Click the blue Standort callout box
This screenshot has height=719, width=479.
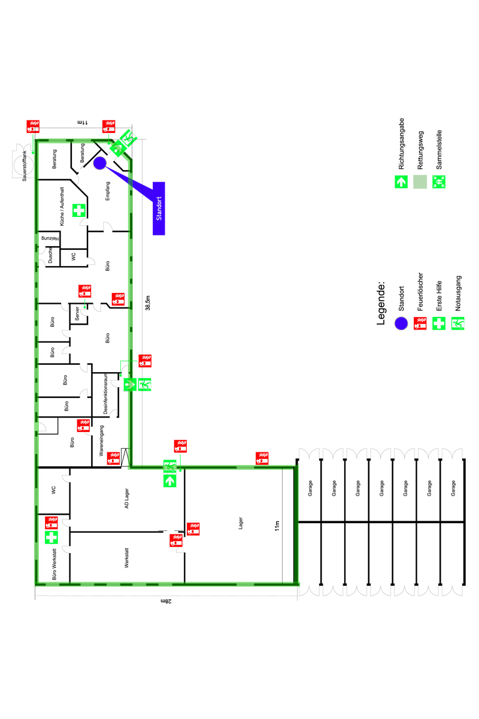(x=159, y=209)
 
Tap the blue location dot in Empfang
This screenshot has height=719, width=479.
(x=100, y=163)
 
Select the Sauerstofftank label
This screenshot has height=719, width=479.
(x=25, y=166)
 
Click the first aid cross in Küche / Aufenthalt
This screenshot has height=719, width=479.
(x=78, y=210)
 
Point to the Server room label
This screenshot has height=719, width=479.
(x=77, y=313)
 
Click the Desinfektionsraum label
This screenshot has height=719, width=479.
(x=105, y=394)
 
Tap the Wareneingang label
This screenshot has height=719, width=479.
(x=101, y=440)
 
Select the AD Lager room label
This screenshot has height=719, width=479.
(x=126, y=499)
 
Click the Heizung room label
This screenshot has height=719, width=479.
(x=50, y=238)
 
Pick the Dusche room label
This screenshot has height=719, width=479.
(x=50, y=255)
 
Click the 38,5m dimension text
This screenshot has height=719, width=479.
(x=147, y=303)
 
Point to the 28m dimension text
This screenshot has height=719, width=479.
(x=166, y=601)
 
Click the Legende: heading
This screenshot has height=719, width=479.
(x=380, y=303)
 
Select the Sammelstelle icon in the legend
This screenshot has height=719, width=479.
(x=438, y=182)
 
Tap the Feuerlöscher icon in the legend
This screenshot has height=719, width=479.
(x=420, y=323)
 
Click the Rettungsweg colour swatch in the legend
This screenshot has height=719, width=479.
(x=420, y=182)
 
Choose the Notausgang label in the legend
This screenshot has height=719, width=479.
(x=458, y=293)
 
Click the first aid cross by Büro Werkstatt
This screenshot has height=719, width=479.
(x=51, y=537)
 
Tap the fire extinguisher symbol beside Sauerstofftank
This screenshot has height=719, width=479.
(x=33, y=126)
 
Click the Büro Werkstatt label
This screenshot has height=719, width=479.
(x=54, y=564)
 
